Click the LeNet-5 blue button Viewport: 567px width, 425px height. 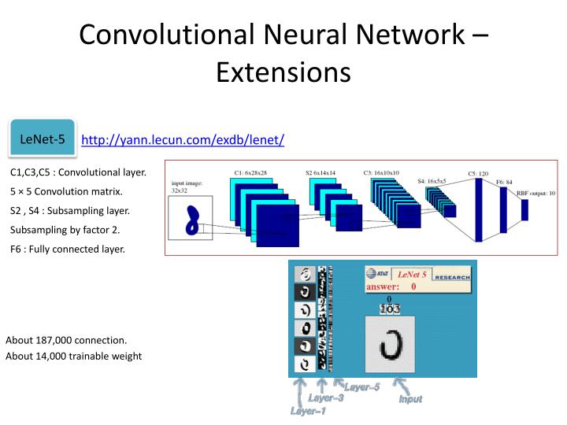[x=42, y=139]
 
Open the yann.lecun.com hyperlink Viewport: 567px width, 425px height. [x=183, y=140]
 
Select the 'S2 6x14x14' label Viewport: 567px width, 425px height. [x=321, y=172]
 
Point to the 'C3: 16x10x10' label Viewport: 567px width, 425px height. [x=381, y=172]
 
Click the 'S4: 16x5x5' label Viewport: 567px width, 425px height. [x=432, y=181]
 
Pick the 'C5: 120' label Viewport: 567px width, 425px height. [x=478, y=173]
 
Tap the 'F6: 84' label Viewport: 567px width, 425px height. [x=504, y=182]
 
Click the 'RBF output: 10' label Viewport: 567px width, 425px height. [x=535, y=193]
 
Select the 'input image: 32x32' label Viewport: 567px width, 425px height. [x=188, y=187]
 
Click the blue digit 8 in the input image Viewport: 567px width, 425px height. [x=191, y=221]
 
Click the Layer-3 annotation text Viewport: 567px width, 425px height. [x=325, y=398]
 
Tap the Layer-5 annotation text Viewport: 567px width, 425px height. [x=361, y=386]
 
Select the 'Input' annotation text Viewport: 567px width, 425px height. [x=410, y=399]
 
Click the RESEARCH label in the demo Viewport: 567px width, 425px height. [x=452, y=277]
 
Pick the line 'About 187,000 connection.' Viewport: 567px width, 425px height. [x=66, y=340]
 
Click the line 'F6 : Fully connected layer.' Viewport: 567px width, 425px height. [x=68, y=249]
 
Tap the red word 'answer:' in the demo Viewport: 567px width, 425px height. [x=383, y=287]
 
